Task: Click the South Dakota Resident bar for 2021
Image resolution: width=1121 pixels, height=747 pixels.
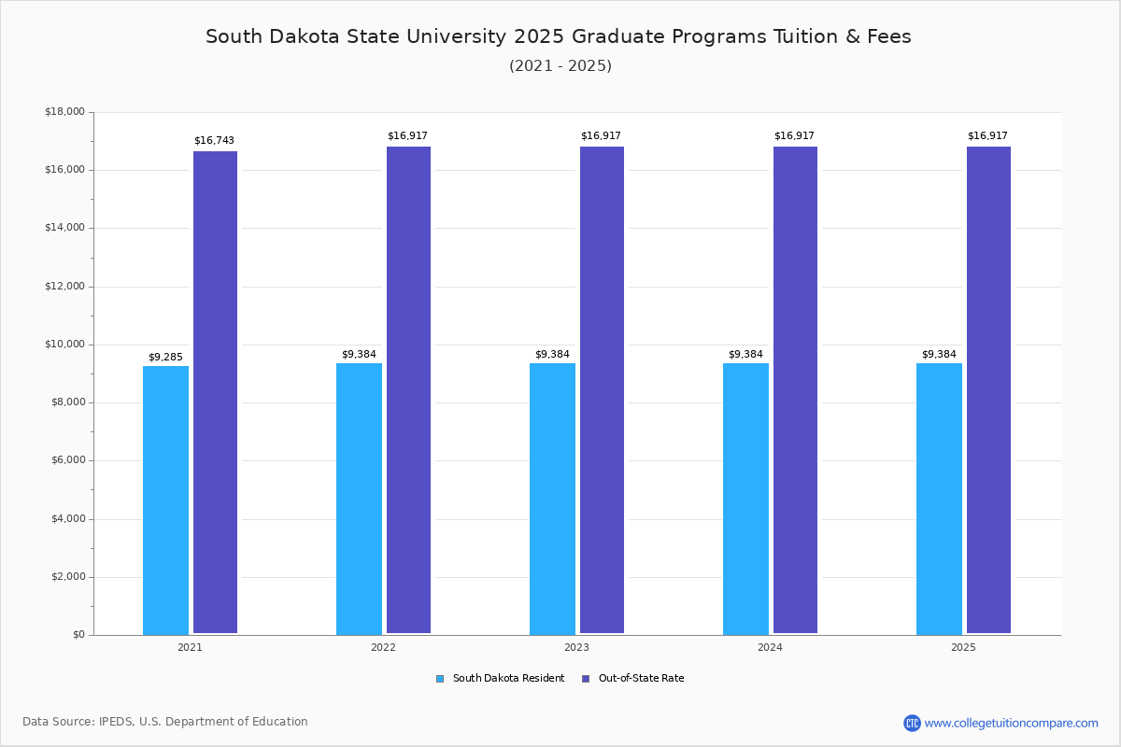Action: click(x=165, y=500)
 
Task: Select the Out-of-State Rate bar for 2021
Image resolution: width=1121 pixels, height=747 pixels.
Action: click(x=215, y=392)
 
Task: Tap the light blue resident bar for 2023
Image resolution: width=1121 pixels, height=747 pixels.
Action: click(x=552, y=499)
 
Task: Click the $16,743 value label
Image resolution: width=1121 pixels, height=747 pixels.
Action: click(x=214, y=141)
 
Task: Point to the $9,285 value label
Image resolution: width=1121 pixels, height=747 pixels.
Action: click(x=165, y=358)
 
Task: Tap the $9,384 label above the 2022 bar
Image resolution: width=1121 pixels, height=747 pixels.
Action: click(x=359, y=355)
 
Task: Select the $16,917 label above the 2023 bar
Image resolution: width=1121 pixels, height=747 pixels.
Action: click(x=601, y=136)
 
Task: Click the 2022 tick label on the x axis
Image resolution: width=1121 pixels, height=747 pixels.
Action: click(x=383, y=647)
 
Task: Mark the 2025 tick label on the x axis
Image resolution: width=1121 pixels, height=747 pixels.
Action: click(x=963, y=647)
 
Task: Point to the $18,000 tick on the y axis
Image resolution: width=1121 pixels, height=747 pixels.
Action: click(x=64, y=112)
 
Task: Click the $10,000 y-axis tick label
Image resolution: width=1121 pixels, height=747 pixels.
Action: click(x=64, y=345)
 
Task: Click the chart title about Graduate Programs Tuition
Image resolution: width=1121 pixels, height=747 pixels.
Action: click(x=559, y=36)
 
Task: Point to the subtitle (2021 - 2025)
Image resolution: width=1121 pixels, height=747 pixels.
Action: click(x=560, y=66)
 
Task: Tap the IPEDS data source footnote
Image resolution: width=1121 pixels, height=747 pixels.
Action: click(x=165, y=722)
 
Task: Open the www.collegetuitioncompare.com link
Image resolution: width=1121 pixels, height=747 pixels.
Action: click(x=1011, y=723)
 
